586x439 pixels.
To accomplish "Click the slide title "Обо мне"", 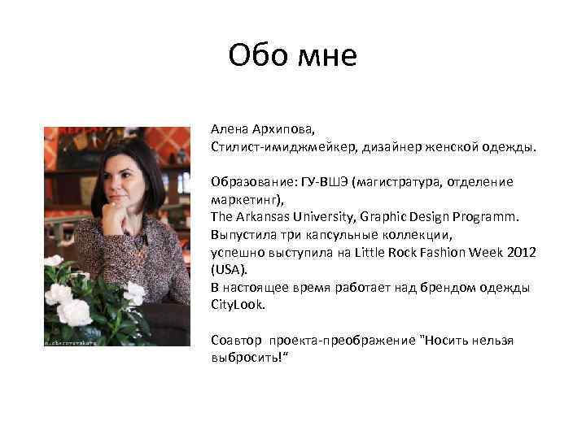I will pos(292,55).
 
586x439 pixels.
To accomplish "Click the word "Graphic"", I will pos(393,217).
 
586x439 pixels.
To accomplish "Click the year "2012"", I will pos(521,252).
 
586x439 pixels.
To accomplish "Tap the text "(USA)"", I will pos(228,269).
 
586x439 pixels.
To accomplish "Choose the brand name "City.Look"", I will pos(238,304).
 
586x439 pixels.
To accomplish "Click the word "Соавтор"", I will pos(237,340).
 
